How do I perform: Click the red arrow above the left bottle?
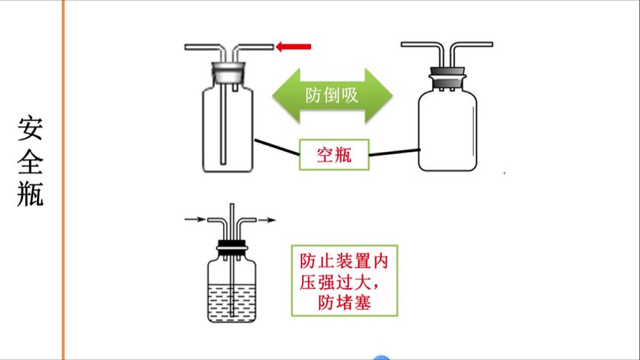click(x=293, y=47)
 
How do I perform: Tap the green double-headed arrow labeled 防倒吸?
click(x=332, y=96)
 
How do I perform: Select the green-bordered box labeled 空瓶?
click(x=333, y=155)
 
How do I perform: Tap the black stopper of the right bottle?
click(x=447, y=74)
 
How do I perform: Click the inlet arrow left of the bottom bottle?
click(x=195, y=219)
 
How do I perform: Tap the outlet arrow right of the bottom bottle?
click(x=267, y=219)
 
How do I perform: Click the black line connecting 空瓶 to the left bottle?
click(x=276, y=147)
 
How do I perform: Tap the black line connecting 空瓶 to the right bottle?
click(x=393, y=153)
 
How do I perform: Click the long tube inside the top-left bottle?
click(x=224, y=126)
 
